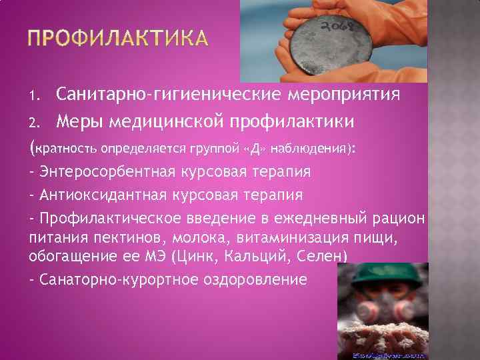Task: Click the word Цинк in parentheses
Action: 195,255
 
